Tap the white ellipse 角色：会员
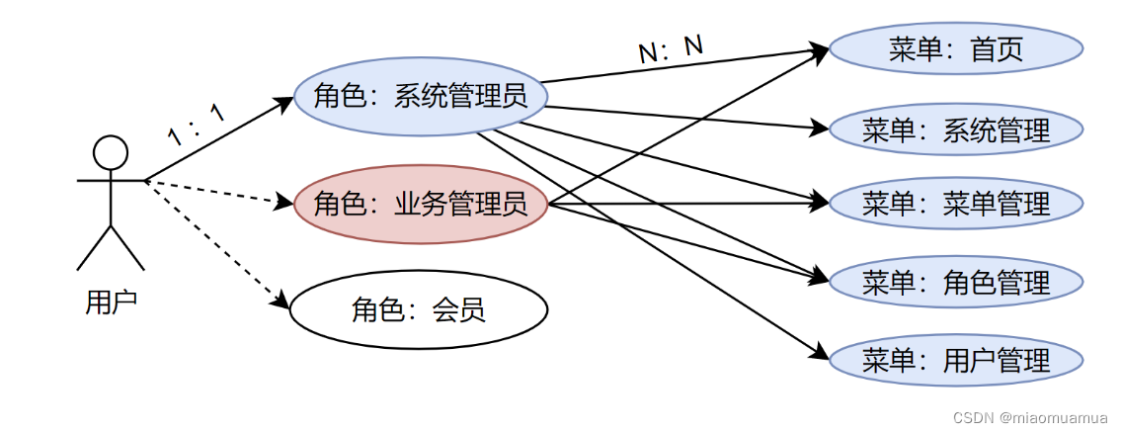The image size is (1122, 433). [x=418, y=310]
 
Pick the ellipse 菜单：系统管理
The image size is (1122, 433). [x=956, y=130]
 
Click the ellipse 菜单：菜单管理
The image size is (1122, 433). [x=956, y=205]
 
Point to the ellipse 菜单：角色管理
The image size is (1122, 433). [x=956, y=283]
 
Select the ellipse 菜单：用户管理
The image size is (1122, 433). [x=956, y=360]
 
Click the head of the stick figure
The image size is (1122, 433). [x=111, y=152]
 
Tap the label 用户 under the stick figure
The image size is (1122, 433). [x=111, y=303]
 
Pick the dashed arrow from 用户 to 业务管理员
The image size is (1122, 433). [x=219, y=193]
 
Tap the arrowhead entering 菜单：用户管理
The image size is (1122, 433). [x=820, y=355]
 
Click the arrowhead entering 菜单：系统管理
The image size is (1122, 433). [x=820, y=128]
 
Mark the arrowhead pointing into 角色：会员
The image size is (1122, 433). [x=282, y=302]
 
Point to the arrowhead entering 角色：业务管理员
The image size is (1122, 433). [x=287, y=204]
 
